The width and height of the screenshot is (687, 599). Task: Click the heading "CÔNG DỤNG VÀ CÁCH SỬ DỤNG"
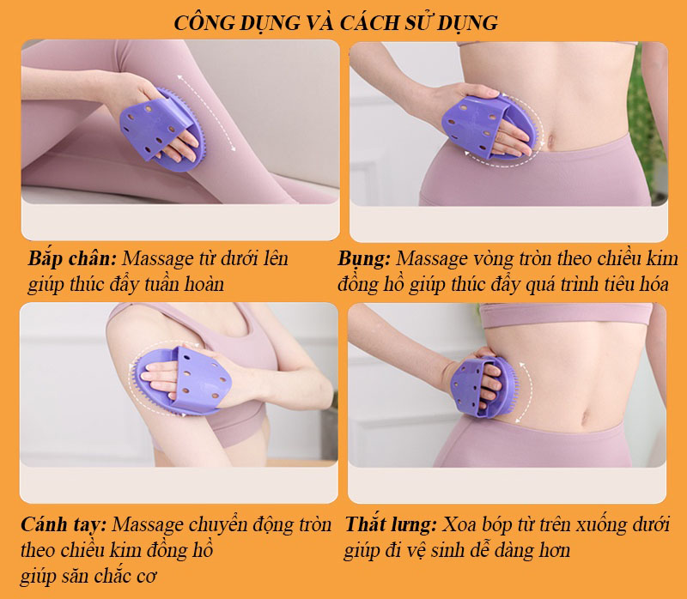(336, 23)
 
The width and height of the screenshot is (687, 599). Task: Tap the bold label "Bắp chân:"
(72, 259)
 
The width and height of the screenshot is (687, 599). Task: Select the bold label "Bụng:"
(363, 259)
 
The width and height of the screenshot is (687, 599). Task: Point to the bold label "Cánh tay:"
(64, 524)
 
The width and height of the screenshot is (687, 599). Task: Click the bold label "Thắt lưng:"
(391, 524)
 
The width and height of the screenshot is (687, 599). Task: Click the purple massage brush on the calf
(162, 130)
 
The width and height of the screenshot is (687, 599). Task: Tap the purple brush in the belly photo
(489, 127)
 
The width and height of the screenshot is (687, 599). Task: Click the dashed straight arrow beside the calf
(207, 113)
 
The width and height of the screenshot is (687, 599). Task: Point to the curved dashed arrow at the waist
(526, 393)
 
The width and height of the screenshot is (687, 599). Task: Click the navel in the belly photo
(550, 141)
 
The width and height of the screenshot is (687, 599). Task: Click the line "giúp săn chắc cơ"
(88, 576)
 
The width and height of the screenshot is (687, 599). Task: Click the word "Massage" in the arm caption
(148, 524)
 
